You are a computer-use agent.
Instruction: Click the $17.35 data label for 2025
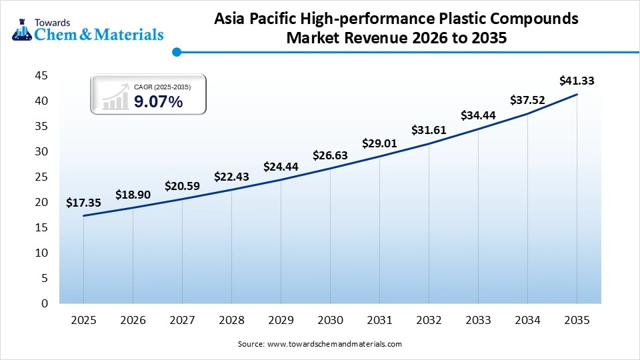83,202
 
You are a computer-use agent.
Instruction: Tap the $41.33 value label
577,81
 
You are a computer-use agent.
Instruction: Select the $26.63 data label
330,156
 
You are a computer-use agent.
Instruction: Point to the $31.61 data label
429,129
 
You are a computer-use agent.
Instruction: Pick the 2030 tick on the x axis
330,320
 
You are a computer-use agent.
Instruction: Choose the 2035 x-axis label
577,320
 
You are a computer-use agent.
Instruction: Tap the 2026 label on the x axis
133,320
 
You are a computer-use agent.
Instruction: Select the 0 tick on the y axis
44,304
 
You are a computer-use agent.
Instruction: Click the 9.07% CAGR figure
158,102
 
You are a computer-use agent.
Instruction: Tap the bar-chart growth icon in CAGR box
115,97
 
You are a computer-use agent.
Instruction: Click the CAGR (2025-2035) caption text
162,87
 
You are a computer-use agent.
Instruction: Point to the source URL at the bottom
320,344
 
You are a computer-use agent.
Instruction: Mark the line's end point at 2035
577,95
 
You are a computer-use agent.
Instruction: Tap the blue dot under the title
176,52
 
